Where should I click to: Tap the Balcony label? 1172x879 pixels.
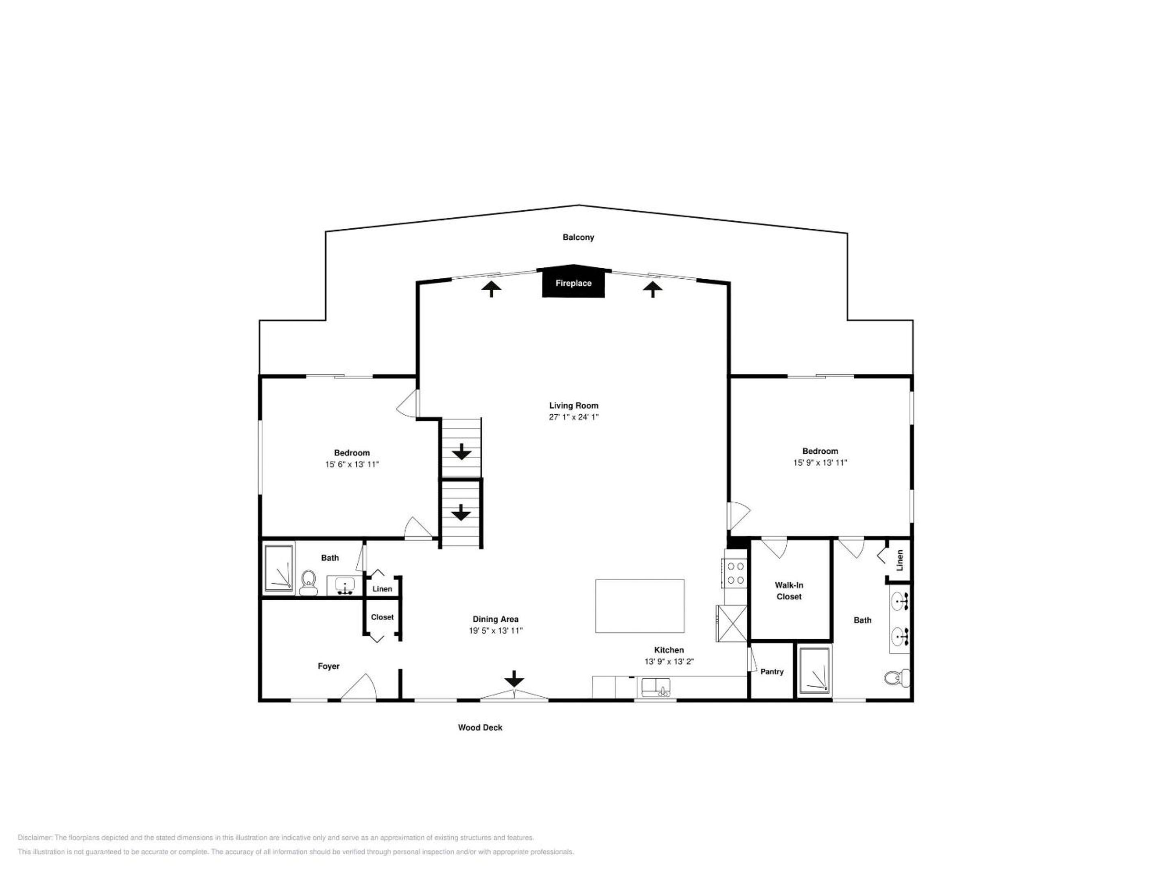578,237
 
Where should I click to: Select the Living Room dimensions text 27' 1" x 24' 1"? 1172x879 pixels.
573,417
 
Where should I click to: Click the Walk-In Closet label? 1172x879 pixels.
789,591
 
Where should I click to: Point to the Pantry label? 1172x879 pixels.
772,671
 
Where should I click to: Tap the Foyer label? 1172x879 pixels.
328,666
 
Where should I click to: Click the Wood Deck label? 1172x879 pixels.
480,728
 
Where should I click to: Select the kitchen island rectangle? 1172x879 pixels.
640,606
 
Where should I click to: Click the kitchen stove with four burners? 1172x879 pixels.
735,573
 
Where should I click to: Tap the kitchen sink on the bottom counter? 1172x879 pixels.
656,688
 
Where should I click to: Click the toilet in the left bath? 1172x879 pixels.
307,583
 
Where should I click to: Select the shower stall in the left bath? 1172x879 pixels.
279,568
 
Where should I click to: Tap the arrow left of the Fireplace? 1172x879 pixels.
492,289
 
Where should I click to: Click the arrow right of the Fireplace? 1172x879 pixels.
652,289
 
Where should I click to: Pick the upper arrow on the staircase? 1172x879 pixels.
461,451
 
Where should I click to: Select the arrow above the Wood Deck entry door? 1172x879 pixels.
514,679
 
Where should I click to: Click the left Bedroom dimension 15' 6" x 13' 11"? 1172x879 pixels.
352,464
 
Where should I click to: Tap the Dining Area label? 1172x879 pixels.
495,619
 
